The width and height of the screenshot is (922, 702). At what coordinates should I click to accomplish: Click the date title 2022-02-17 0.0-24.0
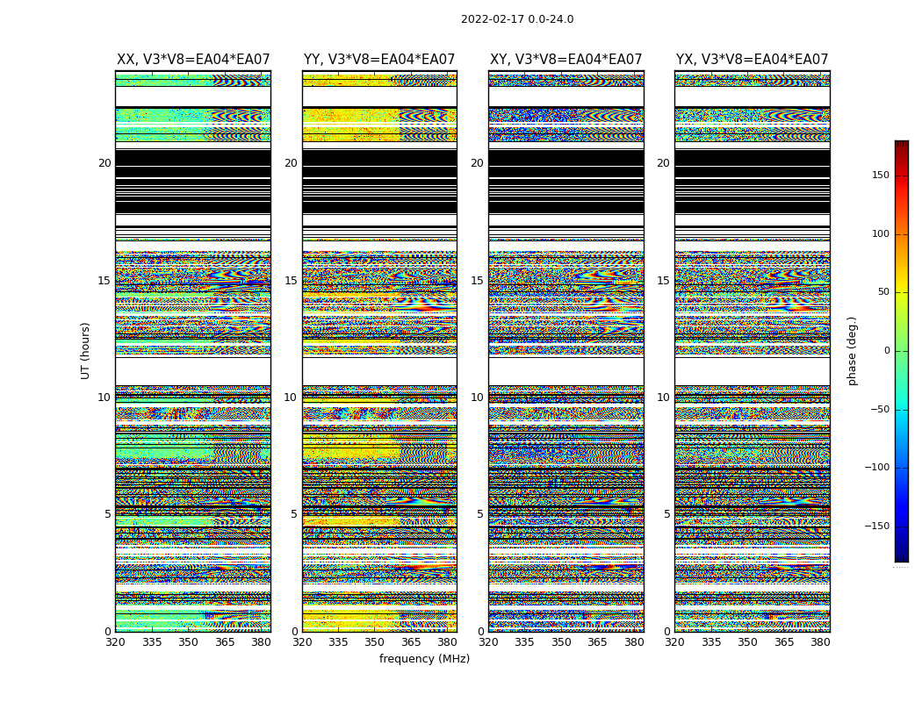(x=517, y=19)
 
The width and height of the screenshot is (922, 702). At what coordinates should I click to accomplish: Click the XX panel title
(x=193, y=60)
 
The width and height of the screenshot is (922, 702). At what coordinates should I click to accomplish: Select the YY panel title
(x=379, y=60)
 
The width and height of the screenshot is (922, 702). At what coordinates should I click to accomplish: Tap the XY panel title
(x=566, y=60)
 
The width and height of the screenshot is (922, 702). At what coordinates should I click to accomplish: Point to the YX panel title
(x=753, y=60)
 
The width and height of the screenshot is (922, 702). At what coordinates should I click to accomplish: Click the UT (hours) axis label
(x=85, y=350)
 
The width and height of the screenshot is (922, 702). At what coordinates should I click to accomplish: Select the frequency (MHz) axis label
(x=424, y=659)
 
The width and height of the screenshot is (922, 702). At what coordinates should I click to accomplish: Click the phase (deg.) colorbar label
(x=852, y=350)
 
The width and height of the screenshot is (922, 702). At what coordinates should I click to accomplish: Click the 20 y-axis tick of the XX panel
(x=104, y=163)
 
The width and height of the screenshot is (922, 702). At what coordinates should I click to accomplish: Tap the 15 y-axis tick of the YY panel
(x=291, y=281)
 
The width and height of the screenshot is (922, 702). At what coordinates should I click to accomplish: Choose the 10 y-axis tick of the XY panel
(x=477, y=398)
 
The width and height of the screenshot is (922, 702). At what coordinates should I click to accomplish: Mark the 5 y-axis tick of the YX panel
(x=666, y=514)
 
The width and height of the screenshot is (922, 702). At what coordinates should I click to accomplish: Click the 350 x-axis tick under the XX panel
(x=188, y=641)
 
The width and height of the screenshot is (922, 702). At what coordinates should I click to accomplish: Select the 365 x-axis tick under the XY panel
(x=597, y=641)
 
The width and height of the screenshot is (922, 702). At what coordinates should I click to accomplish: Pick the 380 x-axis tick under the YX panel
(x=820, y=641)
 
